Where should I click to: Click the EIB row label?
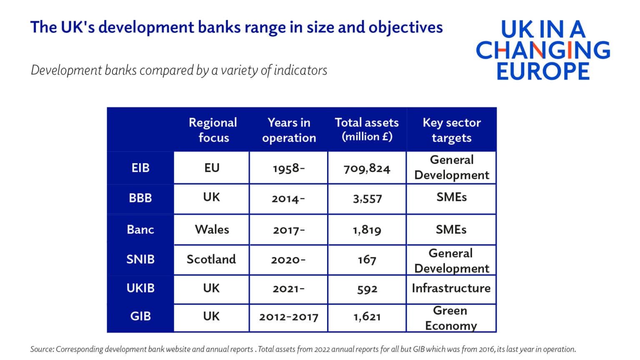(x=140, y=168)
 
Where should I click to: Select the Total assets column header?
(x=367, y=130)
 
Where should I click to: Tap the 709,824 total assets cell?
(x=367, y=168)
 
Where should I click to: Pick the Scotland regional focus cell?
(x=211, y=260)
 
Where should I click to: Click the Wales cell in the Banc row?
(x=212, y=230)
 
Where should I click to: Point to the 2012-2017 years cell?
(x=288, y=317)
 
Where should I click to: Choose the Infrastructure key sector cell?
(x=451, y=288)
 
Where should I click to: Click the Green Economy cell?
(x=451, y=318)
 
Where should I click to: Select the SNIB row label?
(x=140, y=260)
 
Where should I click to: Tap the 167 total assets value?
(x=367, y=260)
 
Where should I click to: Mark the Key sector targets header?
(x=451, y=130)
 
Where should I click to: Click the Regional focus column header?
(x=213, y=130)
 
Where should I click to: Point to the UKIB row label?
(x=140, y=288)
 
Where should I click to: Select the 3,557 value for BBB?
(x=367, y=199)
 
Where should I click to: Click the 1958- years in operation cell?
(x=289, y=168)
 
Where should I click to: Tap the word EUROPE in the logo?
(x=542, y=71)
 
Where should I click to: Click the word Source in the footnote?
(x=41, y=349)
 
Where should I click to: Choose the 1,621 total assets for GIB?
(x=367, y=317)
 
